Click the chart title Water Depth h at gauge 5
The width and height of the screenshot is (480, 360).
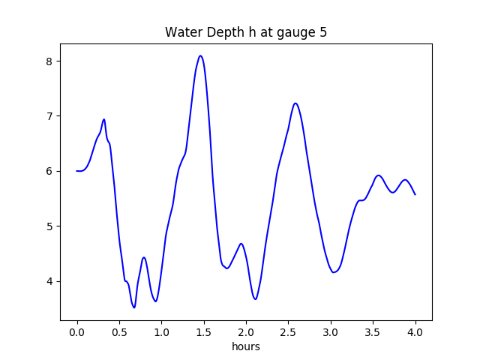click(x=246, y=32)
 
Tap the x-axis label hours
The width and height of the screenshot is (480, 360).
click(x=246, y=346)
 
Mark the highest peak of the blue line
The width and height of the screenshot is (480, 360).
click(x=200, y=55)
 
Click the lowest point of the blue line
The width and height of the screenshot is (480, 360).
click(x=134, y=307)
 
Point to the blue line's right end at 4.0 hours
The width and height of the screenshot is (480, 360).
click(x=415, y=194)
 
